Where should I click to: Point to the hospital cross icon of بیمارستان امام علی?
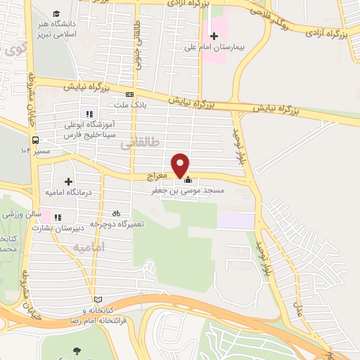pyautogui.click(x=214, y=36)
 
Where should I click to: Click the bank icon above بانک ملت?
pyautogui.click(x=129, y=94)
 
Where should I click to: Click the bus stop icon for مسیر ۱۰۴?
pyautogui.click(x=34, y=138)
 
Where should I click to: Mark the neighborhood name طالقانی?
pyautogui.click(x=141, y=143)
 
